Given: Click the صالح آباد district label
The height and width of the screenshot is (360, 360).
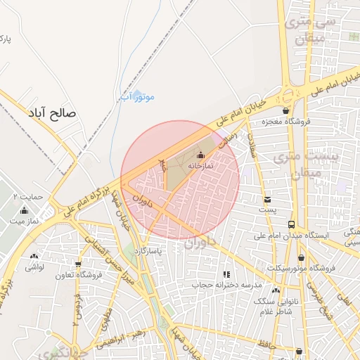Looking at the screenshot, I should point(51,112).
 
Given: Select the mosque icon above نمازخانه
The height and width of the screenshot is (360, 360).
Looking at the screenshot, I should point(201,155).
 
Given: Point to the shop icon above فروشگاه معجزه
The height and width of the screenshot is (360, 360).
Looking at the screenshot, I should point(285,110).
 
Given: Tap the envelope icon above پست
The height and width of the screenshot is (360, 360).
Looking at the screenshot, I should point(266,200).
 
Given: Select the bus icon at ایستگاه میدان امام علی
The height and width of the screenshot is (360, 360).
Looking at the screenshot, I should point(290,224).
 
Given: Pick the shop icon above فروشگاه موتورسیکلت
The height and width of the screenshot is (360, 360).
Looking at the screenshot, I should point(302,257).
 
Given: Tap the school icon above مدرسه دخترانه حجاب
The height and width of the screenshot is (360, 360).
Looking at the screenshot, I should point(226,275).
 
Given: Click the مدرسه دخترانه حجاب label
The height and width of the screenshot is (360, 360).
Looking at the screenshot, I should point(227,286).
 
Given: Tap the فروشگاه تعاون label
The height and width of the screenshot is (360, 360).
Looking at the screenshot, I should point(79,275).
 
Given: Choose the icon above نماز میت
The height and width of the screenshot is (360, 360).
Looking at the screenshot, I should point(25,210).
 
